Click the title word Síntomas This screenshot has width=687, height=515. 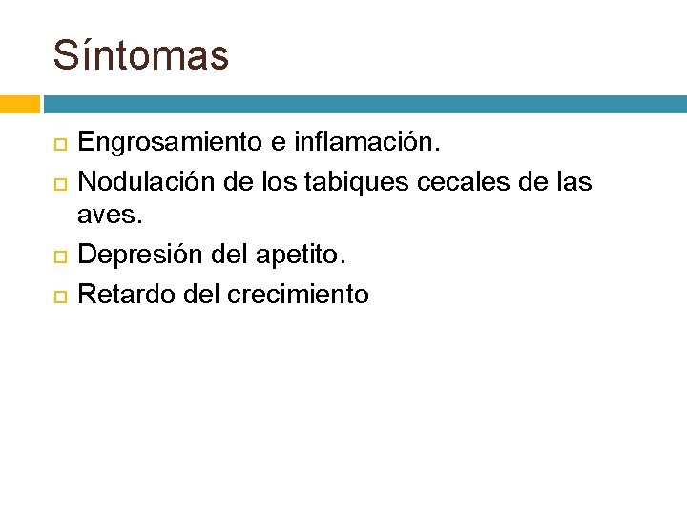tap(141, 55)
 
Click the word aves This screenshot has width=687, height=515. tap(109, 217)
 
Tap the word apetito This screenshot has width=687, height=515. tap(306, 256)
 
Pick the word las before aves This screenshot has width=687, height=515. tap(572, 180)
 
